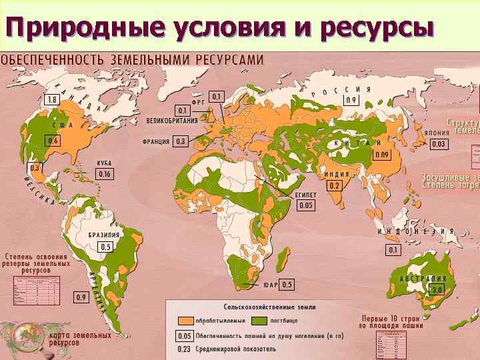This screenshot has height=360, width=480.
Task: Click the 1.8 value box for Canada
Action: (51, 99)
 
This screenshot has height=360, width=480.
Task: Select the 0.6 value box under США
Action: (53, 141)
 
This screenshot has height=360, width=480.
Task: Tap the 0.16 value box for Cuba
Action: (105, 174)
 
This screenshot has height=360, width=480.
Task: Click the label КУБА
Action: (104, 163)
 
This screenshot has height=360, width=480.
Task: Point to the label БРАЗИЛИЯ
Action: (105, 235)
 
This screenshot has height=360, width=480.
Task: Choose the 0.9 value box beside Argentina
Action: (82, 297)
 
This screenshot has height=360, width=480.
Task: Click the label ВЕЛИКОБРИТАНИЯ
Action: (173, 121)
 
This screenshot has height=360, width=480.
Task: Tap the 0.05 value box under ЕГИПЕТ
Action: (305, 206)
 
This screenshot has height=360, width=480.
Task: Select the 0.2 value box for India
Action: (334, 185)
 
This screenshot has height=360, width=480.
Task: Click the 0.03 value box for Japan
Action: (438, 144)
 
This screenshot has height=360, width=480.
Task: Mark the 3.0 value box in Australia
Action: (437, 291)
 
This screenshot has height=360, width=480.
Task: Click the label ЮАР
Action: (270, 285)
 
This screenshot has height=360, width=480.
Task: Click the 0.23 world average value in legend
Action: (185, 348)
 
